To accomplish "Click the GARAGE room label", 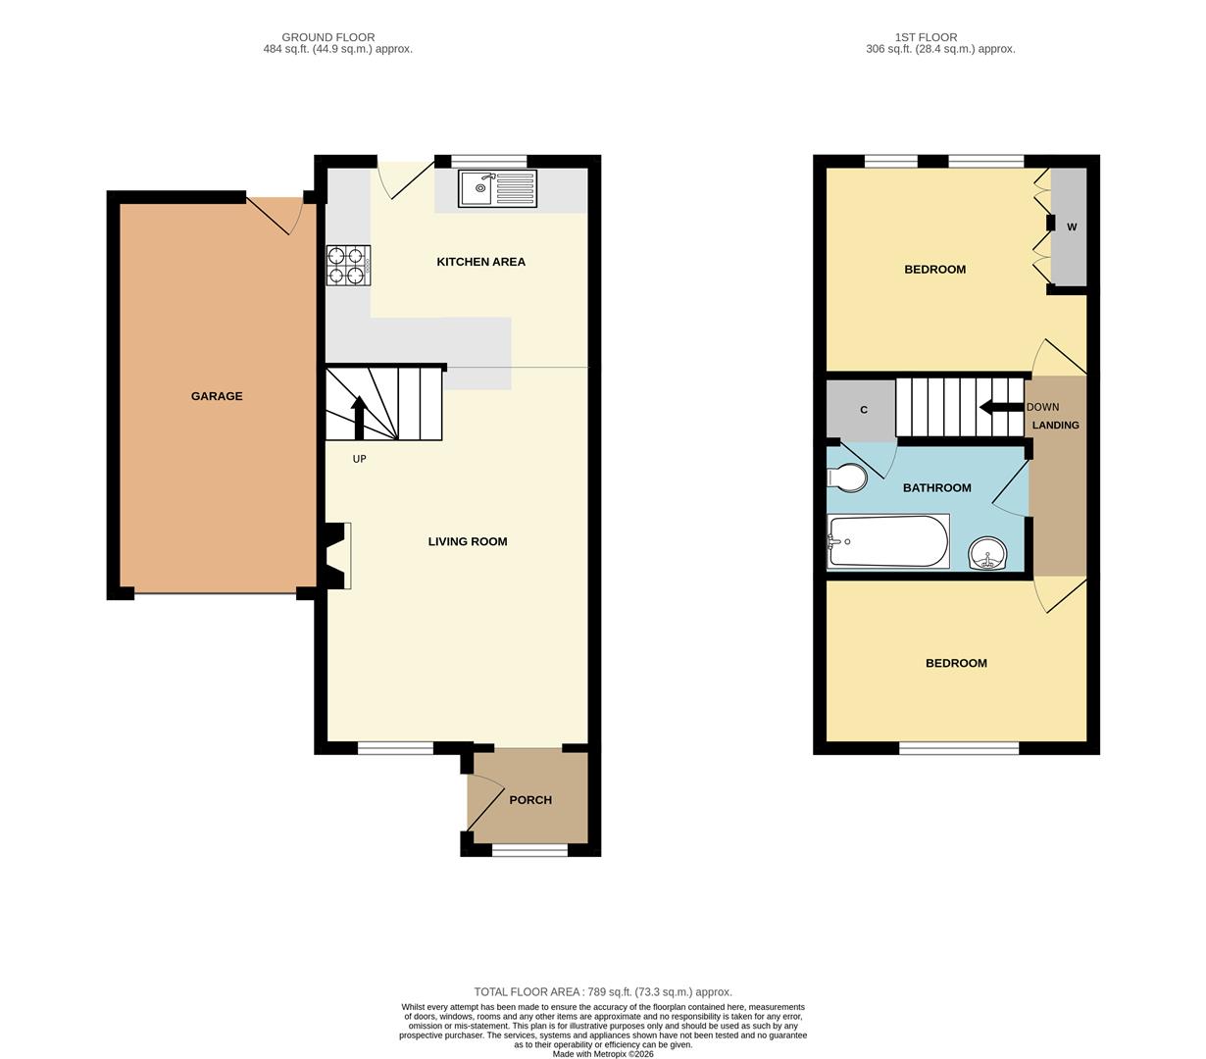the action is [x=217, y=396].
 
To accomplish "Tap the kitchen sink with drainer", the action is [x=497, y=188].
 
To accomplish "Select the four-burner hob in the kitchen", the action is [x=348, y=265].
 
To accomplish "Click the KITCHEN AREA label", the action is [x=481, y=262].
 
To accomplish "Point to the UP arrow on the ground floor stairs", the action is [x=359, y=418].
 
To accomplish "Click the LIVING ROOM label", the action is [x=468, y=541].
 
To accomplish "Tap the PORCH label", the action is [x=530, y=799].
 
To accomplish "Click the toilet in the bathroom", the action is [x=846, y=478].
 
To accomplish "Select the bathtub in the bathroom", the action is [x=887, y=540].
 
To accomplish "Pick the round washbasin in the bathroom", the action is [x=987, y=554].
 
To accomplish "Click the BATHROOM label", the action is [x=937, y=487].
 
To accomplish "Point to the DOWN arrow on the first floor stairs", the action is [x=1001, y=407].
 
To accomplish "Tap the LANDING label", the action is [x=1055, y=425].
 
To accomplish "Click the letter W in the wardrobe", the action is [x=1072, y=227].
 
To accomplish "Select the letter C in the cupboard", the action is [x=864, y=410].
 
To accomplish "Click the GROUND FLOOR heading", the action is [x=328, y=37].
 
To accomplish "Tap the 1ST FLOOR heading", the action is [x=927, y=37].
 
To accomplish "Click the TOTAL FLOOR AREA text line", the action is [x=603, y=991].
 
